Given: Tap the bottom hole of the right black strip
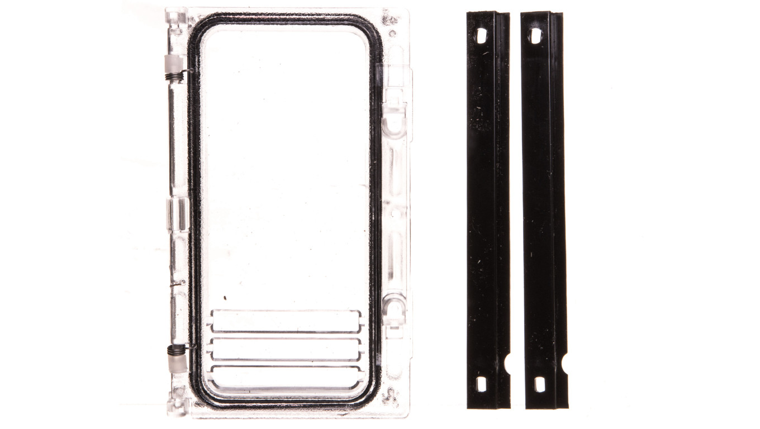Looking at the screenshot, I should tap(539, 384).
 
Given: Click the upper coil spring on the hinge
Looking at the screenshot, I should tap(174, 70).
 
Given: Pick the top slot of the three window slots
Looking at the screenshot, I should tap(285, 321).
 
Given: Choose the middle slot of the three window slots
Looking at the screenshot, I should tap(285, 349).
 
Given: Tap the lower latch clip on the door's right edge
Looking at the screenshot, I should tap(395, 306).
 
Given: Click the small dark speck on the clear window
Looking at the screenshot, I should tap(226, 298).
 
